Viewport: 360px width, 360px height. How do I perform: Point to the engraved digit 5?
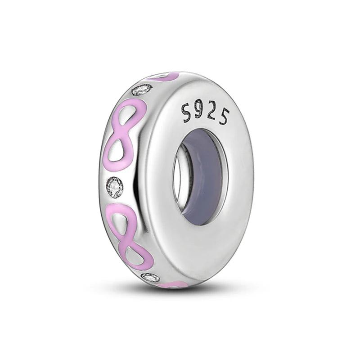click(223, 117)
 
